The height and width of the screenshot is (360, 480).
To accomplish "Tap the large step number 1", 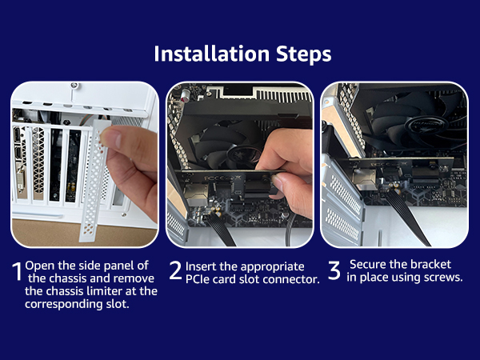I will (x=17, y=272).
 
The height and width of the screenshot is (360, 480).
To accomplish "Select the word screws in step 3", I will (x=443, y=277).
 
